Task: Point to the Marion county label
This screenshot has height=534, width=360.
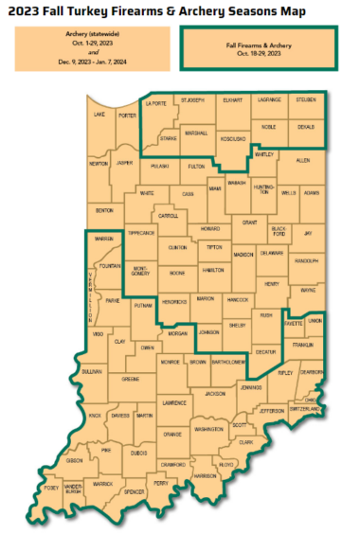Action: (206, 298)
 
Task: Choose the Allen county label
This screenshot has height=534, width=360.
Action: (303, 161)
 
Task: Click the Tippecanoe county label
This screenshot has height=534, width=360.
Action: (141, 233)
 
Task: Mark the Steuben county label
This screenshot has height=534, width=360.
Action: (305, 99)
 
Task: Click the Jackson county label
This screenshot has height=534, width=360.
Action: (215, 391)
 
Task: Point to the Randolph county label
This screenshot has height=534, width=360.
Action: (306, 260)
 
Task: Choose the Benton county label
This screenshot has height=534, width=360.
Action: (104, 210)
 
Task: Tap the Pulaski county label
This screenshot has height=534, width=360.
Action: (158, 166)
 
